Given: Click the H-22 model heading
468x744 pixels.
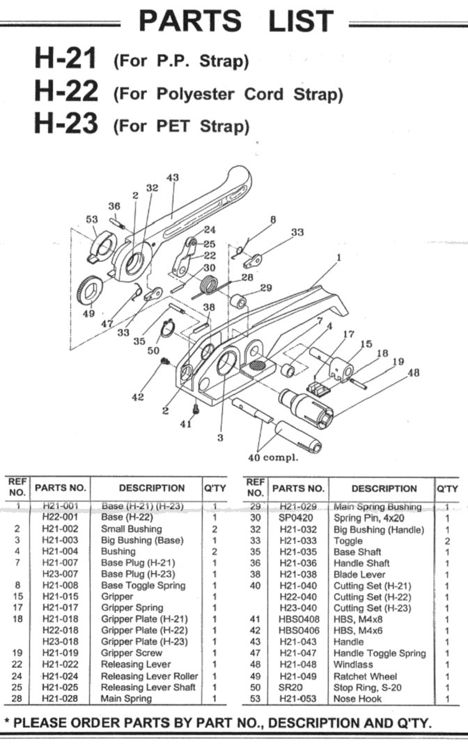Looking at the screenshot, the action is pyautogui.click(x=66, y=91).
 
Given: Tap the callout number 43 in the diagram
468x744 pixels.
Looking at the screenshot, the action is pyautogui.click(x=173, y=178).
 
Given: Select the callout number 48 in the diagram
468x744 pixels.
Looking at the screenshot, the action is pyautogui.click(x=414, y=372).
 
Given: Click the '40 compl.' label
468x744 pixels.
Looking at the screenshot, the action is pyautogui.click(x=273, y=458).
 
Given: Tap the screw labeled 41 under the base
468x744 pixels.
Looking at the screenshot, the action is pyautogui.click(x=195, y=408).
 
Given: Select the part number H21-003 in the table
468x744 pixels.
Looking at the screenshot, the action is pyautogui.click(x=60, y=540).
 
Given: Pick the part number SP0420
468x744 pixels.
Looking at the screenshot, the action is pyautogui.click(x=295, y=518).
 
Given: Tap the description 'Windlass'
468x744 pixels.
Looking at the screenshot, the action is pyautogui.click(x=353, y=665).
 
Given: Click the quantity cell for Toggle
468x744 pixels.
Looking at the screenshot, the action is pyautogui.click(x=447, y=541).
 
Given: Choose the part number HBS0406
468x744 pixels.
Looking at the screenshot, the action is pyautogui.click(x=299, y=630).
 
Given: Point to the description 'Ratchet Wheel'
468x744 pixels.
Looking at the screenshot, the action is pyautogui.click(x=365, y=676).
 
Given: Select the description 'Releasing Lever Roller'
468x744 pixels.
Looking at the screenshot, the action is pyautogui.click(x=150, y=676).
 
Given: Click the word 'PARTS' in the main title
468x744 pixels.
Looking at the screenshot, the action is pyautogui.click(x=190, y=21).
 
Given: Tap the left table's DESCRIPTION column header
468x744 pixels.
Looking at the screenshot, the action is pyautogui.click(x=152, y=488).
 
